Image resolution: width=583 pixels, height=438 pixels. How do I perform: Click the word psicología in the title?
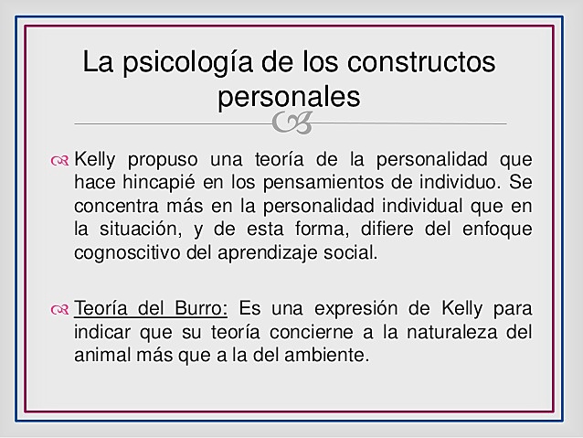[x=185, y=63]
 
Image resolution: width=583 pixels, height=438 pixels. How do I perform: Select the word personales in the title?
[x=289, y=96]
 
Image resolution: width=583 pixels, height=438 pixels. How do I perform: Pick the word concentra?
[x=112, y=207]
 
